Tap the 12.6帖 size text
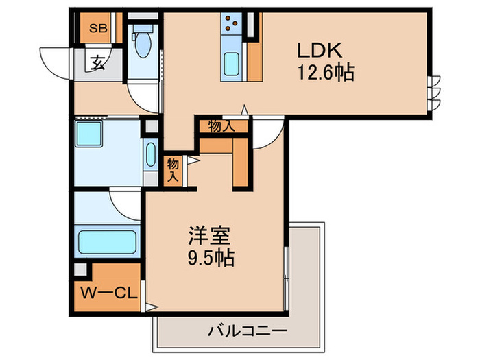325,73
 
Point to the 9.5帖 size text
210,259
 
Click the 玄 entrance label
97,64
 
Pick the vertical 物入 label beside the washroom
173,169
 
